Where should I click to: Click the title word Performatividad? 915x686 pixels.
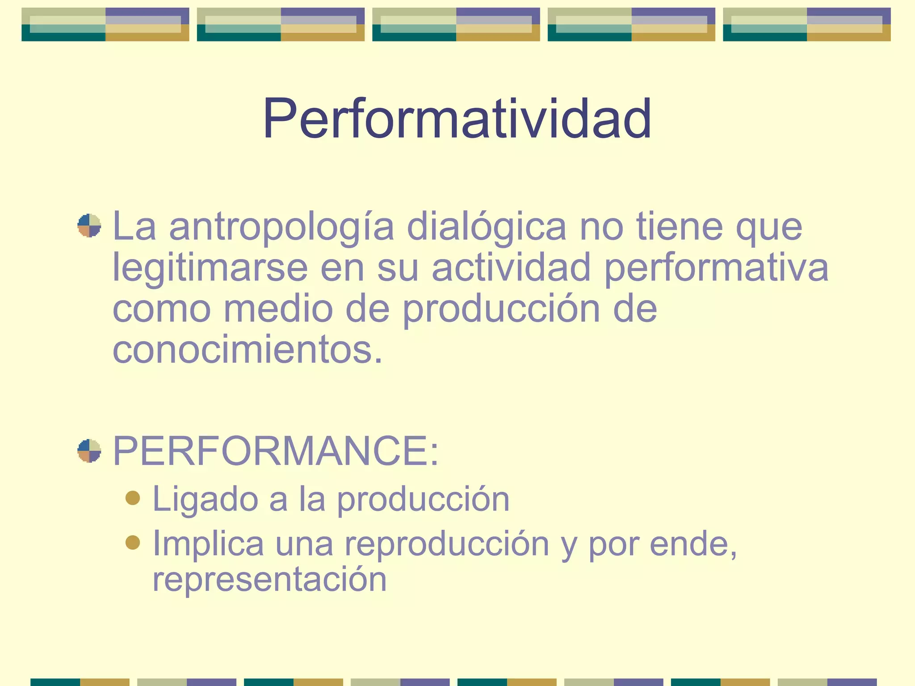[457, 119]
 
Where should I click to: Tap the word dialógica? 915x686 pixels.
[486, 226]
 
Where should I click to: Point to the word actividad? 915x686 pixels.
[511, 267]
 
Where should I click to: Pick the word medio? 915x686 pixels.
[278, 309]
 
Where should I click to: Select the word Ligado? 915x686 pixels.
[205, 500]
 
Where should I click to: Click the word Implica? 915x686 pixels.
[208, 544]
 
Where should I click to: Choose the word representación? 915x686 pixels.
[269, 579]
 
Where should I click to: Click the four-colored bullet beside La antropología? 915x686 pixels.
[89, 226]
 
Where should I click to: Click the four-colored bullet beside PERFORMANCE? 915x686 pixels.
[89, 451]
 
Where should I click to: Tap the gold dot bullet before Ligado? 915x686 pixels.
[133, 498]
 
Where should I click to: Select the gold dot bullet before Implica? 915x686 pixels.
[133, 542]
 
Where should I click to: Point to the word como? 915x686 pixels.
[161, 310]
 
